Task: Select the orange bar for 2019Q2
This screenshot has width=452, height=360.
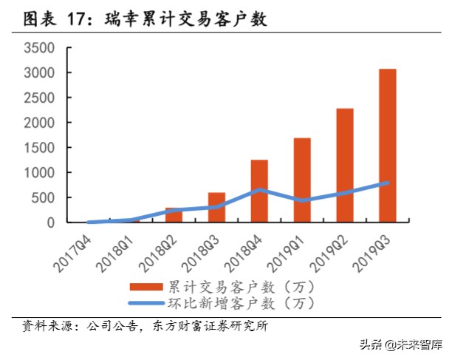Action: tap(345, 166)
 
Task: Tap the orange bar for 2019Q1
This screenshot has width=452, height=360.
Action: tap(302, 180)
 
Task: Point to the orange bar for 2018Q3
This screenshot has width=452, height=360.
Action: tap(216, 208)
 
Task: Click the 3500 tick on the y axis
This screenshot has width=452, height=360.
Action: tap(40, 48)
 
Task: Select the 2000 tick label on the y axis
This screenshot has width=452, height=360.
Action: tap(40, 123)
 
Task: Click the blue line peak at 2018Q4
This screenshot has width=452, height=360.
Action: tap(259, 190)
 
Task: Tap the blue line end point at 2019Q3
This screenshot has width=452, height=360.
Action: tap(388, 183)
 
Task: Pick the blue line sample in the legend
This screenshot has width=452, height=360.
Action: tap(146, 302)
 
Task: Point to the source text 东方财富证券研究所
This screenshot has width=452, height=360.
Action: tap(218, 325)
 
